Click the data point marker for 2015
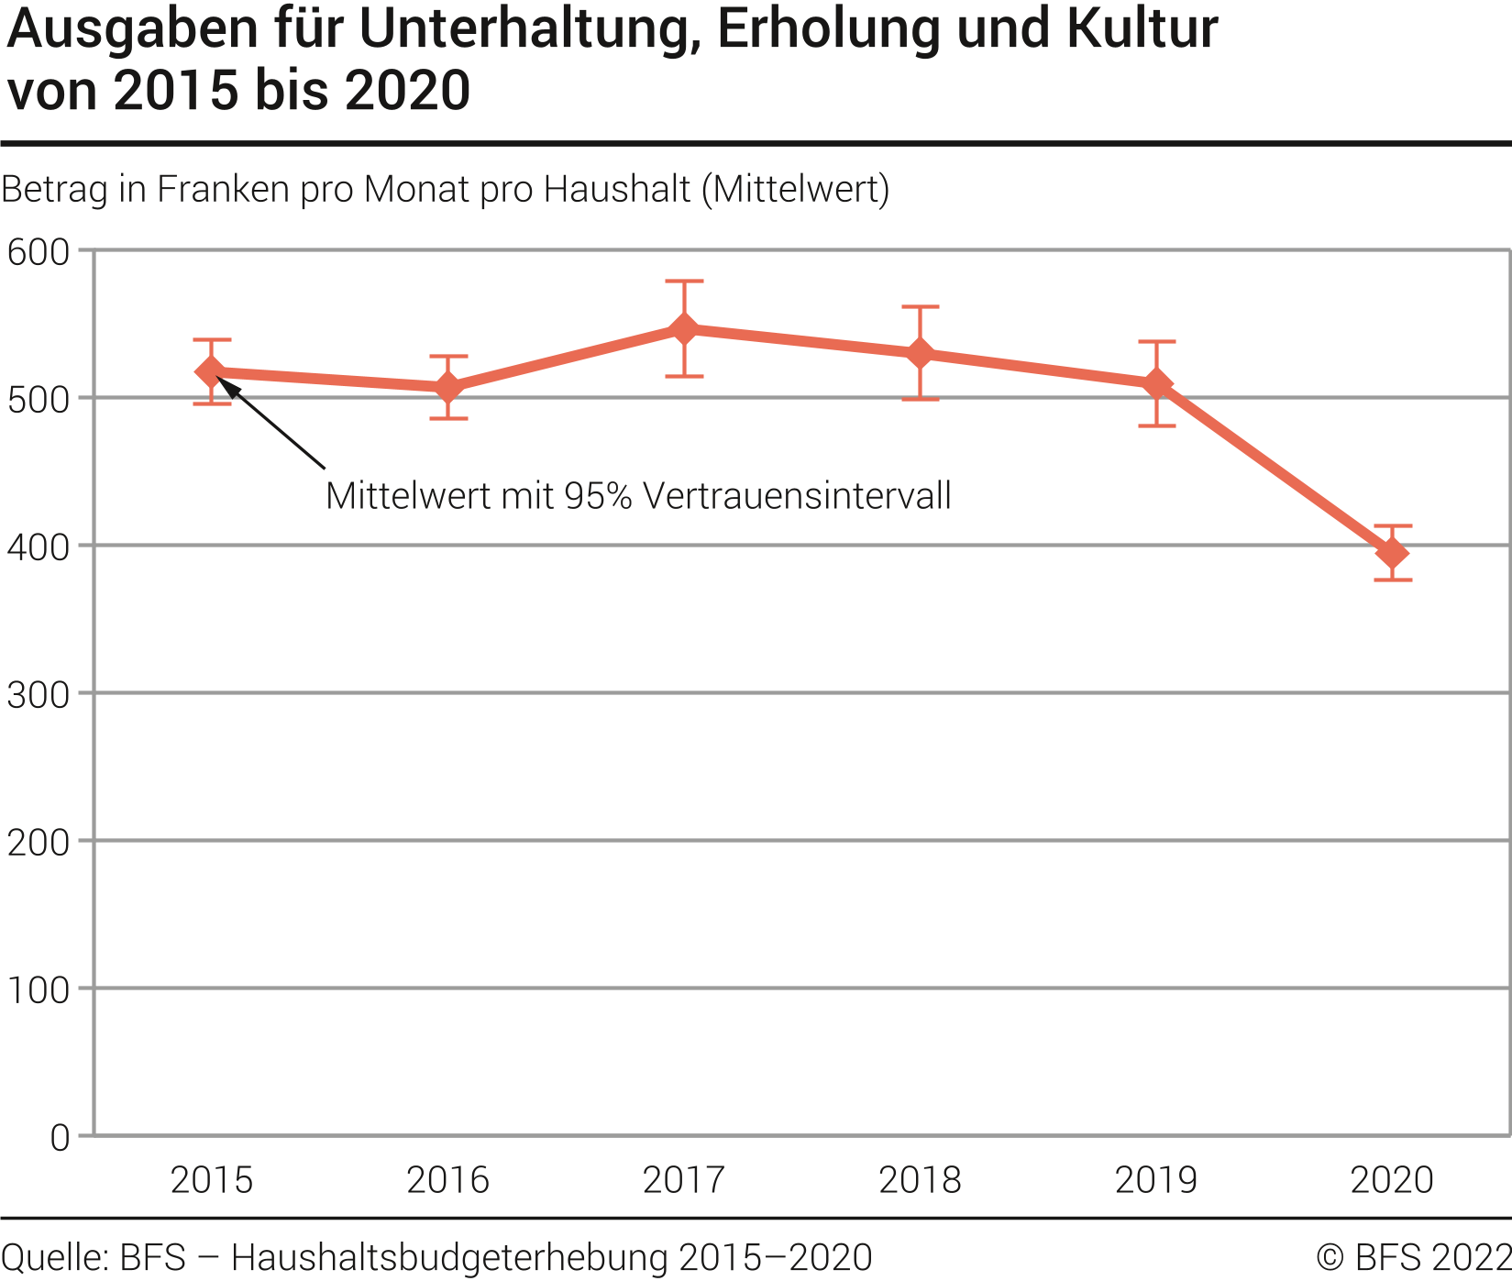(211, 371)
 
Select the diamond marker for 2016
(447, 387)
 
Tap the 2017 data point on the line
(684, 329)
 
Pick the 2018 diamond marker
(921, 354)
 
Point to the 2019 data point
(1157, 383)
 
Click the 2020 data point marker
(1393, 553)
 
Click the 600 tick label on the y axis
(39, 252)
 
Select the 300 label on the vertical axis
(39, 695)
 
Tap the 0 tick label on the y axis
(60, 1138)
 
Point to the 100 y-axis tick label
(39, 990)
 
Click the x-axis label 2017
(684, 1180)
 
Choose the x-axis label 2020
(1392, 1180)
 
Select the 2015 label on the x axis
(212, 1180)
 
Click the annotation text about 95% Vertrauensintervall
(638, 496)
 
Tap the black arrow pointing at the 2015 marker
(275, 426)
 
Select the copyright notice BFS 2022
(1413, 1257)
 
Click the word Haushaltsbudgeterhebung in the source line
(449, 1257)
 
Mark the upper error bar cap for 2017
(684, 282)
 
